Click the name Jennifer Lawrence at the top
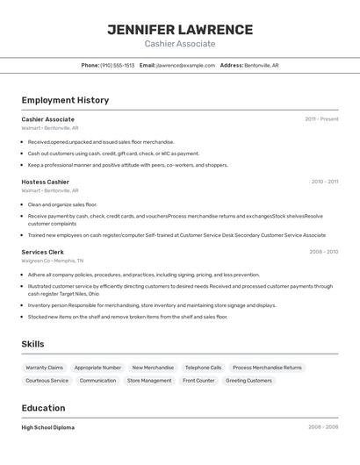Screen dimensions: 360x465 179,29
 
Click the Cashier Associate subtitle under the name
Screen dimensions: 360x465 179,43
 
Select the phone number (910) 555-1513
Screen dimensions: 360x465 117,65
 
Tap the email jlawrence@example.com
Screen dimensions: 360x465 185,65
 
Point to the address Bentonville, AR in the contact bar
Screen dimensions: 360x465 261,65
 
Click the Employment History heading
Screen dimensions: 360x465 65,100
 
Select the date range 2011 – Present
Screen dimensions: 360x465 321,119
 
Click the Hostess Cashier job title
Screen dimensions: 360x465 46,182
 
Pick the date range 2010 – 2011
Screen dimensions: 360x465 324,182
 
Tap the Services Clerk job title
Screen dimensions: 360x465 43,252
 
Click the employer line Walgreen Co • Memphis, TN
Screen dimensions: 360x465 53,261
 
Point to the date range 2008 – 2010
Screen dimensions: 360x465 323,252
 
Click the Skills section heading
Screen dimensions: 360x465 32,344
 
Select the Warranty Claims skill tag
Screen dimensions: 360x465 44,368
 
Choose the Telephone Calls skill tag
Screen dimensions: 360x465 203,368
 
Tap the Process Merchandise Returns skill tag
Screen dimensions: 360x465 267,368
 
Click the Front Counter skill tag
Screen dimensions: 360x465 198,381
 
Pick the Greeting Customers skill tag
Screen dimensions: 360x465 248,381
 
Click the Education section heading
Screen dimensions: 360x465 43,408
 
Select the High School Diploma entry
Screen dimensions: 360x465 48,427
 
